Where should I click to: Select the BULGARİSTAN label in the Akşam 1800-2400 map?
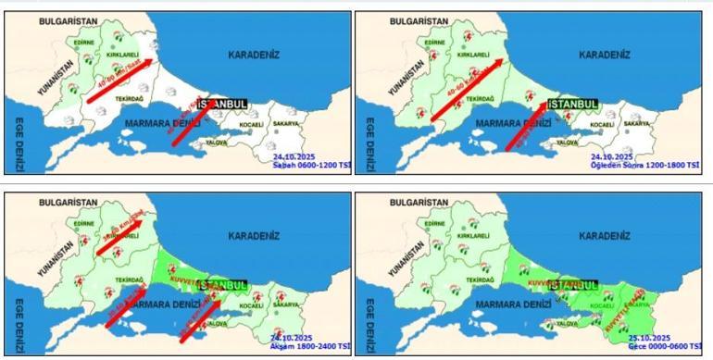[x=68, y=201]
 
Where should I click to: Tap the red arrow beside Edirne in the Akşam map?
[x=120, y=236]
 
